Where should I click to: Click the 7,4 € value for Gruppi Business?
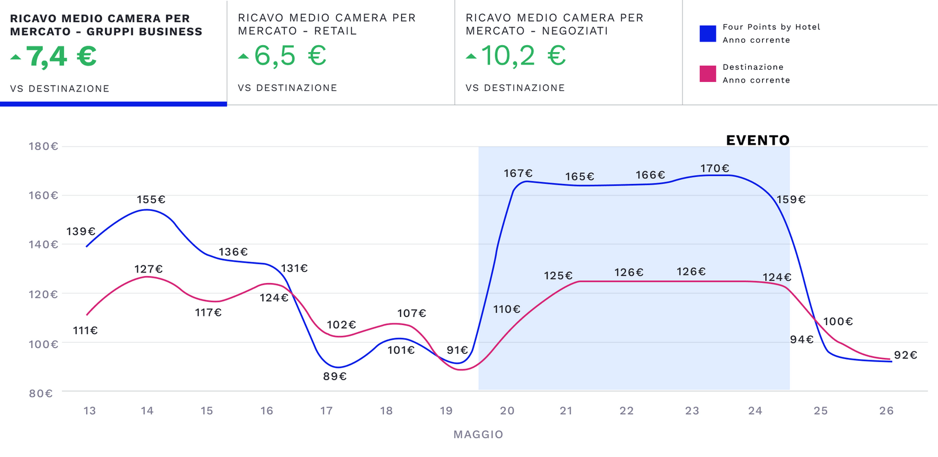(x=61, y=57)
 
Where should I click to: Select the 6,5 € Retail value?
(x=290, y=56)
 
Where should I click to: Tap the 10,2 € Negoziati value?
(x=523, y=56)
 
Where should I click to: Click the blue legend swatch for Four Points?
(x=708, y=33)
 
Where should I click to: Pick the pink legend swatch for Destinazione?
(x=708, y=74)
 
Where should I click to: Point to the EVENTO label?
(x=757, y=141)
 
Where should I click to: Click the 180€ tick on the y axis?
(x=43, y=146)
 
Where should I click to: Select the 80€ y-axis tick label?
(x=41, y=393)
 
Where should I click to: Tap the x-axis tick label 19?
(x=446, y=411)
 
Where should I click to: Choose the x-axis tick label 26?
(x=886, y=411)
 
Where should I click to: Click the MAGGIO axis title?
(x=478, y=435)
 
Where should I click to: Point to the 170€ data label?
(x=715, y=169)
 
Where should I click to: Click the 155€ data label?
(x=151, y=200)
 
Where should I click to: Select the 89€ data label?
(x=335, y=376)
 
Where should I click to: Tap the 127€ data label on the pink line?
(x=148, y=269)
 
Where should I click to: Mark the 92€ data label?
(x=905, y=355)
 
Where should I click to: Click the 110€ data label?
(x=507, y=309)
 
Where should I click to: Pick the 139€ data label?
(x=81, y=231)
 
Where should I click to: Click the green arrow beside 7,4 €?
(x=16, y=57)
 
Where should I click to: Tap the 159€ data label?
(x=791, y=200)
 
